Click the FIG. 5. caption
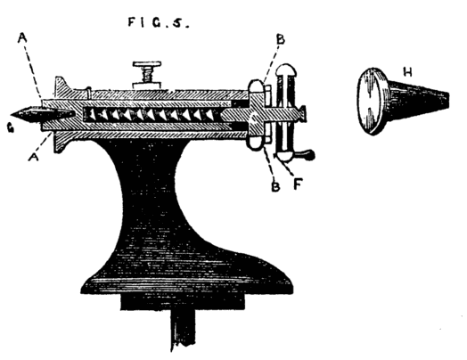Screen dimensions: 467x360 pos(159,22)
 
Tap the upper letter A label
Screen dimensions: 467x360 pos(22,37)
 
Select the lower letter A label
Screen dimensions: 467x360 pos(33,156)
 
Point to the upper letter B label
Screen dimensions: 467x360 pos(280,39)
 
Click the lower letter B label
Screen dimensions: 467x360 pos(275,186)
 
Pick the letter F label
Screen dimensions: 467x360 pos(297,184)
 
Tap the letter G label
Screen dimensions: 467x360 pos(11,128)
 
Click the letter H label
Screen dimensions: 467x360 pos(407,72)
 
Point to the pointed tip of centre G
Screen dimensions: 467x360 pos(12,115)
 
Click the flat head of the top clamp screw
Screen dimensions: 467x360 pos(147,64)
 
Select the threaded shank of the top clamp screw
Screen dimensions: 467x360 pos(147,75)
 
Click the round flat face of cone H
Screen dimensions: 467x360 pos(369,102)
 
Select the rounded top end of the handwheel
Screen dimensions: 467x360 pos(285,70)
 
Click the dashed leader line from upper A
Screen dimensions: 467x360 pos(33,71)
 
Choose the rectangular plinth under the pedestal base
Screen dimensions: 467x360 pos(183,301)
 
